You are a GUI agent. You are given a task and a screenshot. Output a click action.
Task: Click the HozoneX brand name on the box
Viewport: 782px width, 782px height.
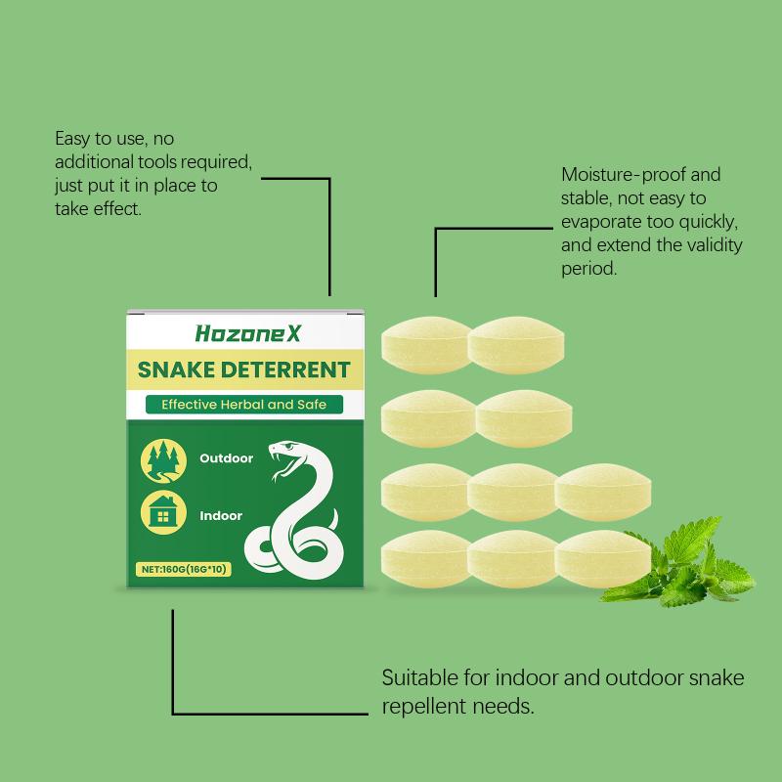[x=248, y=333]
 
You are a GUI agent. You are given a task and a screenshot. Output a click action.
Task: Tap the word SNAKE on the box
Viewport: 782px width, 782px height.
[x=176, y=370]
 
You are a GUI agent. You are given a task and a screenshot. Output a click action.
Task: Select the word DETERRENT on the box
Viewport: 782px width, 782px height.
[x=285, y=370]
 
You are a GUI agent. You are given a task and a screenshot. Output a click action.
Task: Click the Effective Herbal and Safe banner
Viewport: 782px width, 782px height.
[x=243, y=404]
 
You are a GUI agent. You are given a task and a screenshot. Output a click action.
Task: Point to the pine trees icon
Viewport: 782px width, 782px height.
[x=163, y=461]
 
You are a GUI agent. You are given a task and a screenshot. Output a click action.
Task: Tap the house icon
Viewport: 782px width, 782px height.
[x=163, y=512]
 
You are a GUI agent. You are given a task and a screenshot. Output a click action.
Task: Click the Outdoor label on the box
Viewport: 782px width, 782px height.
[x=227, y=458]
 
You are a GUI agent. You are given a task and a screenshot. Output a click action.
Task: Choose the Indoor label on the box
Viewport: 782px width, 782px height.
[x=221, y=516]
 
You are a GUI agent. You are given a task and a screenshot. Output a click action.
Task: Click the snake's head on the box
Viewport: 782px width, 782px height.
[x=285, y=457]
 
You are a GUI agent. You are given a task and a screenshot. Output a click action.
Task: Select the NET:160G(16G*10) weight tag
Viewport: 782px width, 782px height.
[x=184, y=569]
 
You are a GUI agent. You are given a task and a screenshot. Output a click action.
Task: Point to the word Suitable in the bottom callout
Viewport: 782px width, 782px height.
[x=420, y=677]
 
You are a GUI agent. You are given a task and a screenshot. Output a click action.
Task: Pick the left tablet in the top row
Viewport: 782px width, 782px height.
[x=427, y=345]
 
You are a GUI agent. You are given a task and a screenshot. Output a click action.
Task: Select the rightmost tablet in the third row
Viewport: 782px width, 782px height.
[x=602, y=493]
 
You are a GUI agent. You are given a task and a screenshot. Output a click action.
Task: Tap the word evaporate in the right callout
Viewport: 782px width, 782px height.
[x=600, y=222]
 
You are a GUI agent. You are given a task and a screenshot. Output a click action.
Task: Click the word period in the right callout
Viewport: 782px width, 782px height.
[x=589, y=270]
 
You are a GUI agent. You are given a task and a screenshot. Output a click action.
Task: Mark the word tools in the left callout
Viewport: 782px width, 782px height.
[x=157, y=162]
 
